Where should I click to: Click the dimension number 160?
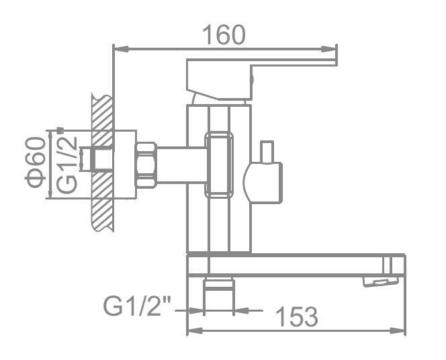point(225,34)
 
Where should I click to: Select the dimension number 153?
point(295,315)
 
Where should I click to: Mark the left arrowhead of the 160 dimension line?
point(118,48)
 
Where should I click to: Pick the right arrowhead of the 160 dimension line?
point(331,48)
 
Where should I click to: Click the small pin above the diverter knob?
point(269,151)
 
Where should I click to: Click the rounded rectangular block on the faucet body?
point(220,165)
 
